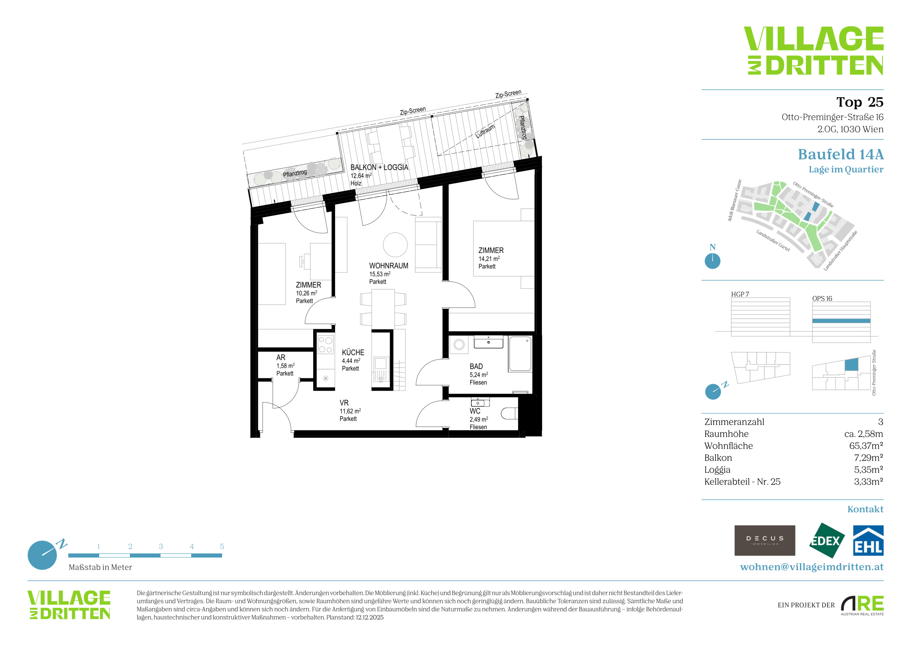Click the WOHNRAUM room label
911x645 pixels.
point(388,266)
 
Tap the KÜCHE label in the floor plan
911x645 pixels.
point(353,352)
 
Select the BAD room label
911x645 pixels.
point(476,366)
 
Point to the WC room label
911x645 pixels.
point(475,411)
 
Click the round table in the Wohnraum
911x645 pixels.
point(395,245)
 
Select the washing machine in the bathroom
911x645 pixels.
point(459,344)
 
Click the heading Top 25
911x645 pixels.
point(860,102)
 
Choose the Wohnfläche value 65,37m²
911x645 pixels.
point(866,446)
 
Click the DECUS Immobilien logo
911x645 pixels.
point(765,540)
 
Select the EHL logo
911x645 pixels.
point(868,540)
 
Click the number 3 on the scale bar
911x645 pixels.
point(161,546)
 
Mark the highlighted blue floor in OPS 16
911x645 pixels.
point(841,321)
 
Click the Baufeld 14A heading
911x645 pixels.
point(841,154)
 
